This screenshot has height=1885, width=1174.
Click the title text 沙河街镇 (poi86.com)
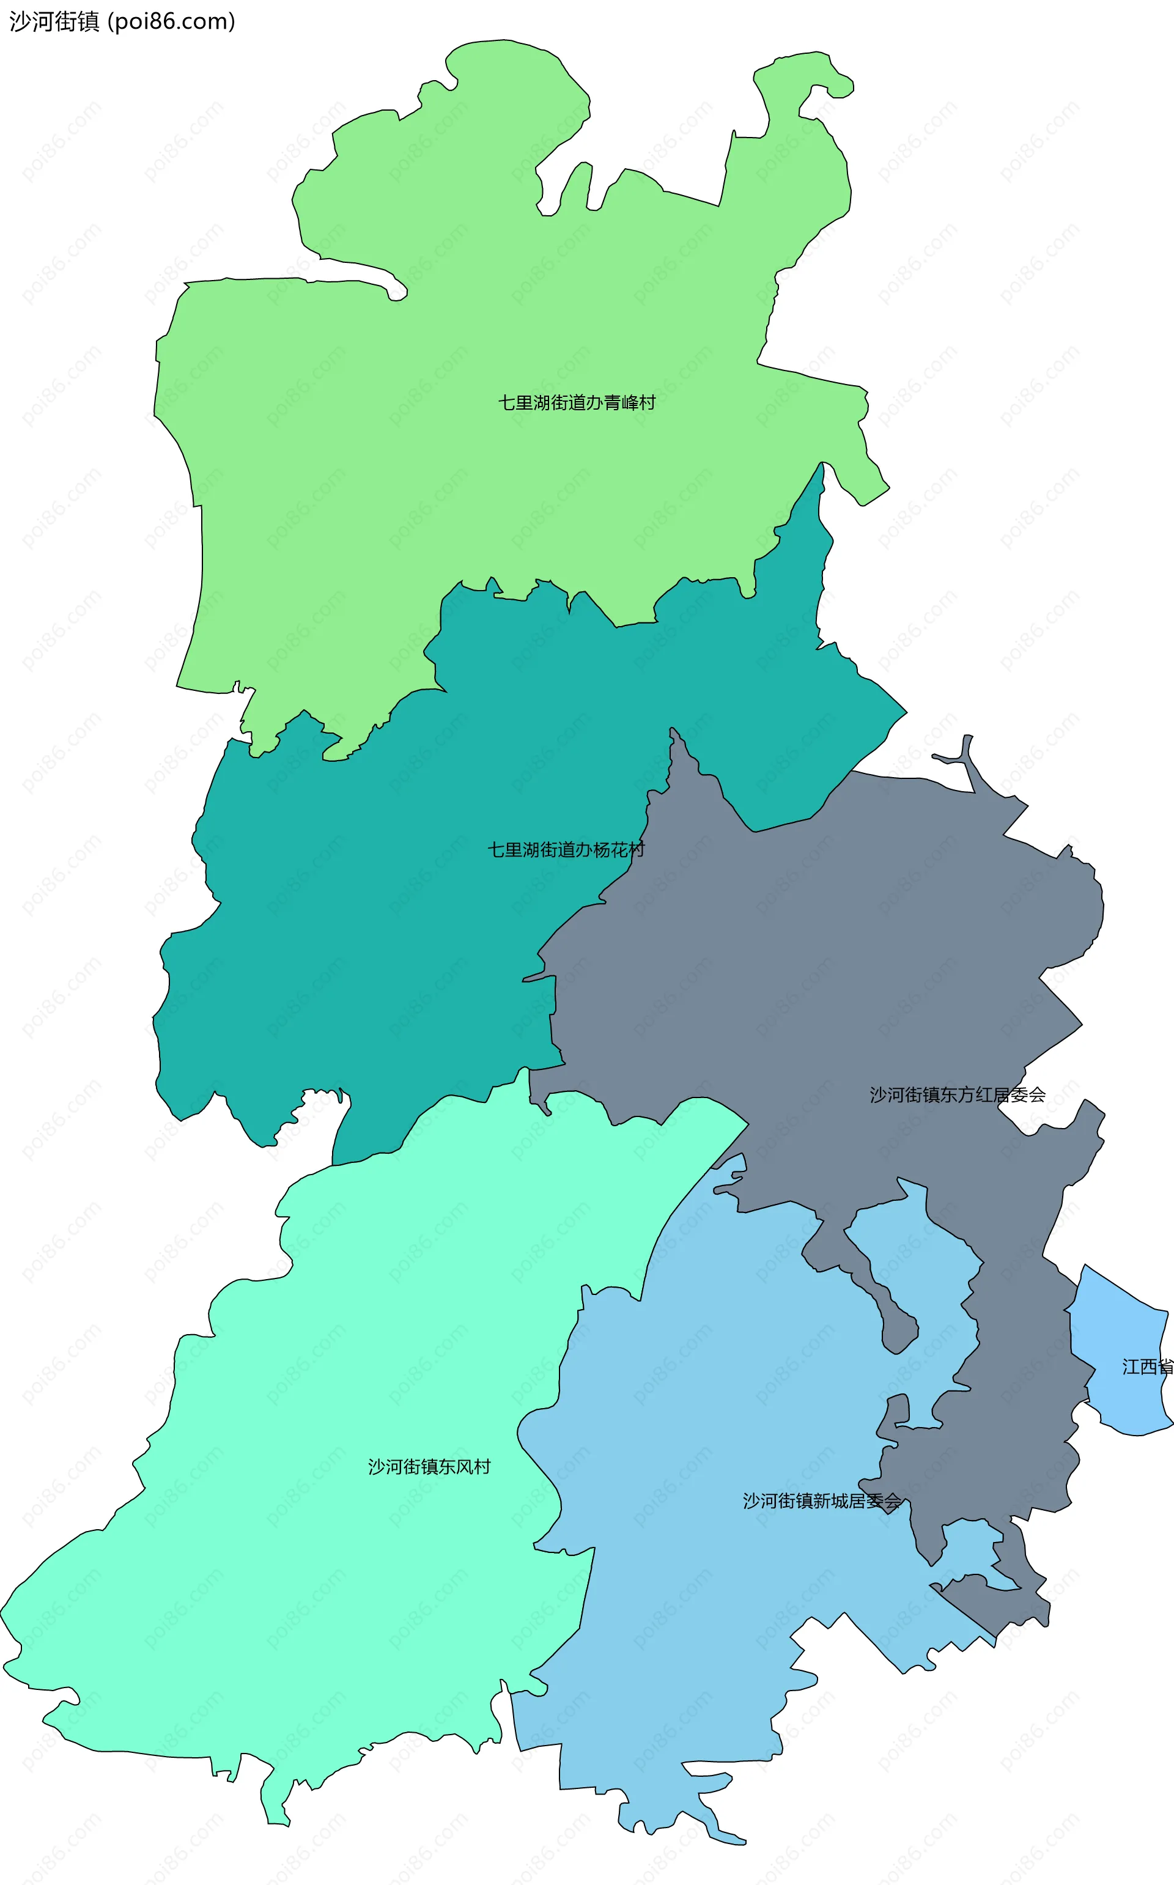tap(122, 21)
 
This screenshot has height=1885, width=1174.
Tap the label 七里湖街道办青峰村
tap(576, 402)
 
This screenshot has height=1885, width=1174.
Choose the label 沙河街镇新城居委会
tap(821, 1500)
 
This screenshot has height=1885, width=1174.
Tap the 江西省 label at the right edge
tap(1147, 1367)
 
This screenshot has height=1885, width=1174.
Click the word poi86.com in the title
tap(172, 21)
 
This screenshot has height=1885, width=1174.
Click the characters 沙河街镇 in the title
tap(54, 21)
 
